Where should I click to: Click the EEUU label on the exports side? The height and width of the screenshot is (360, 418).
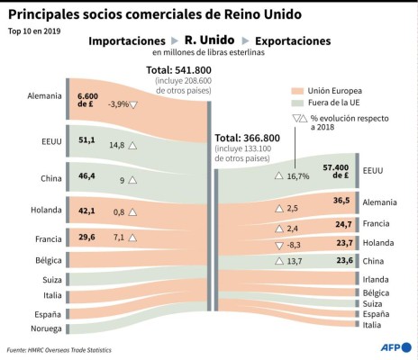tap(373, 169)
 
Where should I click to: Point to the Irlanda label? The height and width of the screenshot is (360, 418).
tap(377, 279)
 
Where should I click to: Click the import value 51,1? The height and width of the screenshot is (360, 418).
tap(87, 140)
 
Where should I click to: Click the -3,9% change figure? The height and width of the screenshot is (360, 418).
tap(117, 104)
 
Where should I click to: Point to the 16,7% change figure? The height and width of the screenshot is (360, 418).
tap(297, 175)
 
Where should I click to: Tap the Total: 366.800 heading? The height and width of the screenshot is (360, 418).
tap(250, 138)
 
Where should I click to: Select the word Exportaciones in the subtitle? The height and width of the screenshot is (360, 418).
tap(293, 41)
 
